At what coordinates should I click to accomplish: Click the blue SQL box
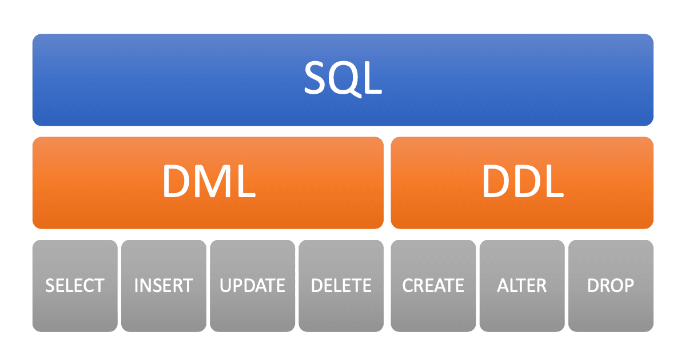pyautogui.click(x=343, y=80)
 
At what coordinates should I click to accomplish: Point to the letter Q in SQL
pyautogui.click(x=345, y=78)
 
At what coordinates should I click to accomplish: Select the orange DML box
pyautogui.click(x=208, y=183)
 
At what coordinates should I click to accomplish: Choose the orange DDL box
pyautogui.click(x=522, y=183)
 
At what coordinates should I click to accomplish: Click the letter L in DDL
pyautogui.click(x=555, y=181)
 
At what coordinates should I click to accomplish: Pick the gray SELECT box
pyautogui.click(x=75, y=286)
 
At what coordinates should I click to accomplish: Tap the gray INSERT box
pyautogui.click(x=164, y=286)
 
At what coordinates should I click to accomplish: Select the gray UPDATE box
pyautogui.click(x=253, y=286)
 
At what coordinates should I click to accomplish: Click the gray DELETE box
pyautogui.click(x=341, y=286)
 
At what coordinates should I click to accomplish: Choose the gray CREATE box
pyautogui.click(x=433, y=286)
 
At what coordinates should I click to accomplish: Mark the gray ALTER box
pyautogui.click(x=522, y=286)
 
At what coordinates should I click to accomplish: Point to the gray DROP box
pyautogui.click(x=611, y=286)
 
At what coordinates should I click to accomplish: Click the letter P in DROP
pyautogui.click(x=628, y=285)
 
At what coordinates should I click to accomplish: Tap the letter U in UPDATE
pyautogui.click(x=225, y=285)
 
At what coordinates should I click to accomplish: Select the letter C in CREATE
pyautogui.click(x=408, y=285)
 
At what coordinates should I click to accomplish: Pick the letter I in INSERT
pyautogui.click(x=136, y=285)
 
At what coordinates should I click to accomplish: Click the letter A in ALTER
pyautogui.click(x=503, y=285)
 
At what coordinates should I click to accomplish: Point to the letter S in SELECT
pyautogui.click(x=51, y=285)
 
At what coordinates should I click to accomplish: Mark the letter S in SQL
pyautogui.click(x=314, y=78)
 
